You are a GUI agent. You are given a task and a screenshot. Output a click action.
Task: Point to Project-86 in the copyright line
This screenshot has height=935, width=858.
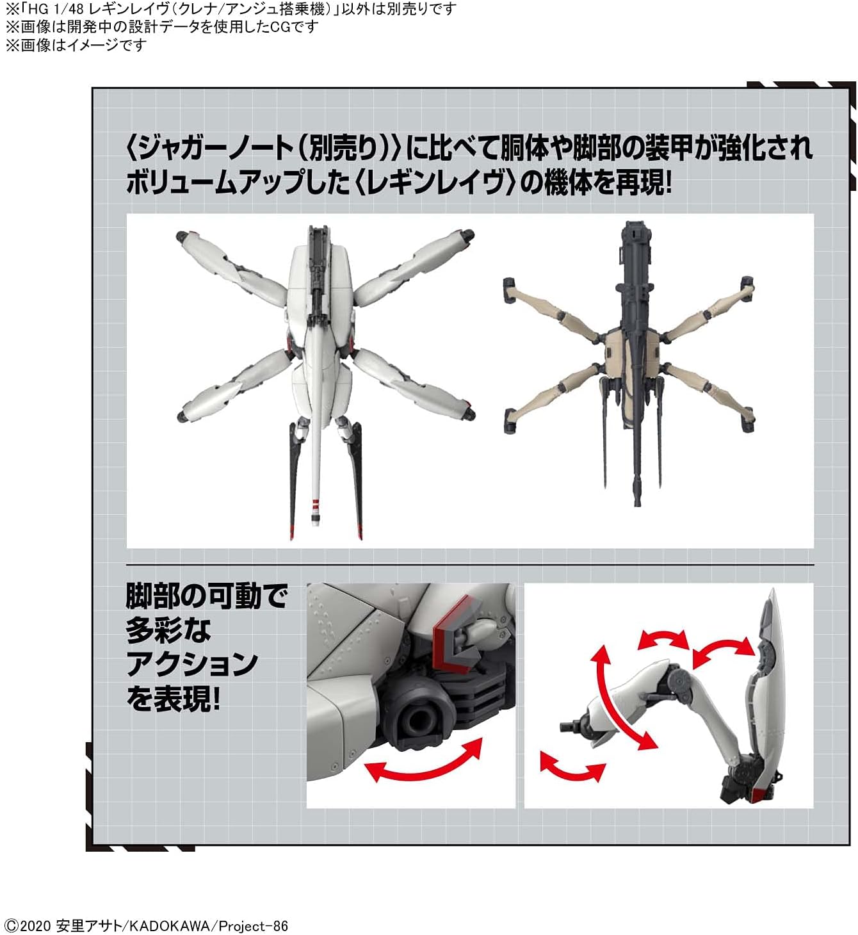pos(253,925)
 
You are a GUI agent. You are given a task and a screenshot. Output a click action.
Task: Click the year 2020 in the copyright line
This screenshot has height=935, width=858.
pos(35,925)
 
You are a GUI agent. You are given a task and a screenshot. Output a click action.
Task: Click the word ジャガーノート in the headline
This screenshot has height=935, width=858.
pos(215,149)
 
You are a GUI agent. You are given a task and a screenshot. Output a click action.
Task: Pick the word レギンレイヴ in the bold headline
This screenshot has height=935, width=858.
pos(437,183)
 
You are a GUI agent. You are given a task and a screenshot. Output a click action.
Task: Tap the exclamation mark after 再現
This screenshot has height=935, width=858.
pos(668,183)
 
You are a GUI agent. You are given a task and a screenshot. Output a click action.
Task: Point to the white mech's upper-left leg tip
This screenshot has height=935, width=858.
pos(181,236)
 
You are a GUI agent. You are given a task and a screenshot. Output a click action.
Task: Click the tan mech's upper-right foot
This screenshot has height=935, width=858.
pos(747,286)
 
